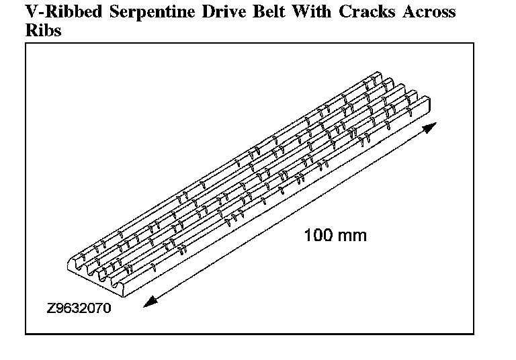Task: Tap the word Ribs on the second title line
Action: [42, 31]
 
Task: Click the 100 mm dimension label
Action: [335, 236]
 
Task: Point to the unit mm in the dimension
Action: [353, 236]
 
